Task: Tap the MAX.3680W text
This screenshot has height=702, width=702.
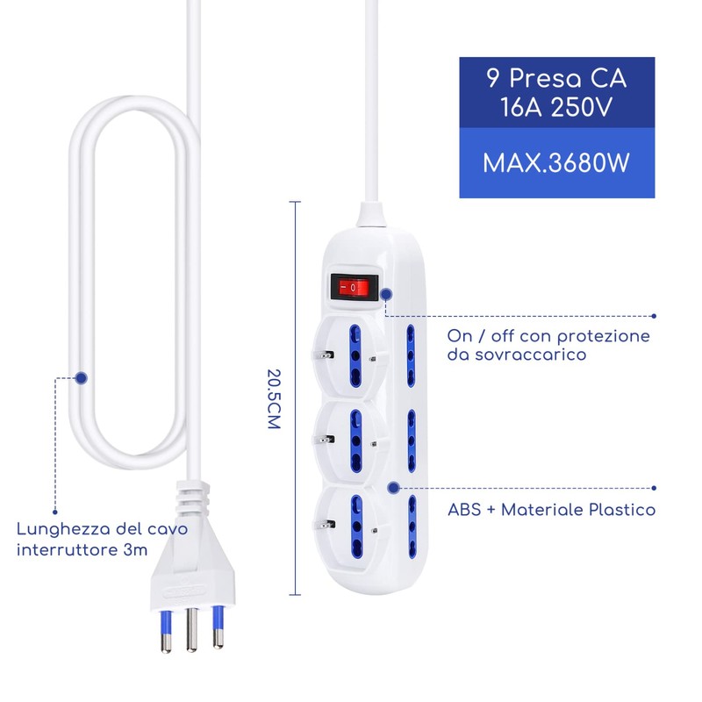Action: [x=557, y=163]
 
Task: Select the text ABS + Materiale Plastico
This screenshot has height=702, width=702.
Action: [x=551, y=510]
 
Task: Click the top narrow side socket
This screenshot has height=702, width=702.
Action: [x=409, y=357]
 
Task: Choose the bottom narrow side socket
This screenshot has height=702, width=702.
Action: [x=409, y=527]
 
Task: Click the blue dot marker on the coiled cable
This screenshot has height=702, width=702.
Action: [x=82, y=377]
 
